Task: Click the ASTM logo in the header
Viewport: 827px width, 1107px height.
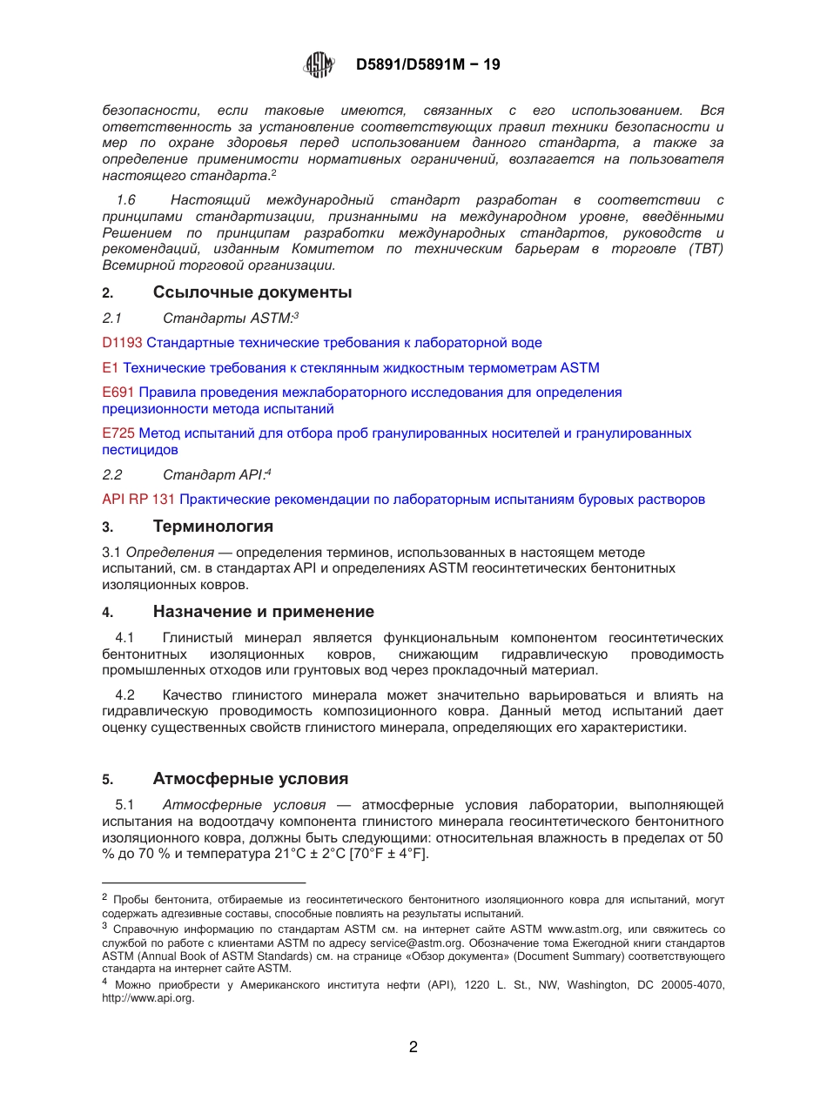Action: coord(319,65)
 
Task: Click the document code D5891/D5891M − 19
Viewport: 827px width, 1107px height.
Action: coord(427,65)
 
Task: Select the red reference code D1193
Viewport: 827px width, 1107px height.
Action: coord(122,343)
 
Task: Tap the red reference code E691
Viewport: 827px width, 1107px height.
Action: coord(118,392)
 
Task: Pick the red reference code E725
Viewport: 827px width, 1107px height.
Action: coord(118,433)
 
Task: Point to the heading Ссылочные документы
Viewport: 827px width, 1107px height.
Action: coord(252,292)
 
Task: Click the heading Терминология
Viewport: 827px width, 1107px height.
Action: coord(212,527)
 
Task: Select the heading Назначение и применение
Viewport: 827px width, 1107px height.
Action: coord(263,612)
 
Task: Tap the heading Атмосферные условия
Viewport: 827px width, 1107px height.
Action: coord(250,779)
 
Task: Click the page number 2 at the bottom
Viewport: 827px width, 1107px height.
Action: coord(413,1047)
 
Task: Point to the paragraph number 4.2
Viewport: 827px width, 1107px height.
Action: coord(125,695)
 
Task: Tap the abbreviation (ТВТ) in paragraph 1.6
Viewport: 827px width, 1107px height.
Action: coord(706,250)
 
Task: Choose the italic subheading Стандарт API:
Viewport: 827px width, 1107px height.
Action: coord(213,475)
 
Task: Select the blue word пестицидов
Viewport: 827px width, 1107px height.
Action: coord(140,450)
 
